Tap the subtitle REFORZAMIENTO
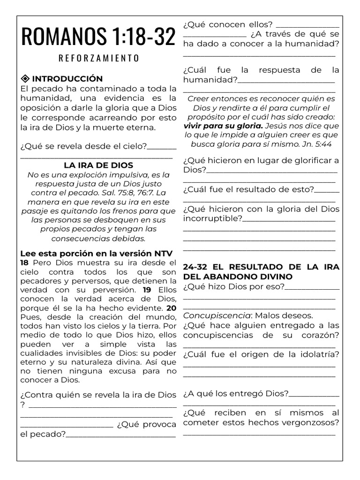coord(98,58)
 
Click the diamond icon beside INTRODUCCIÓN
coord(25,78)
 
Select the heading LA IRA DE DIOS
coord(98,165)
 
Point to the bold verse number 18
coord(24,262)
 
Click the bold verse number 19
coord(147,290)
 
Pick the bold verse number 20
coord(172,308)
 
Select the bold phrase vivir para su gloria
coord(223,126)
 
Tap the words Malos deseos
coord(284,315)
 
